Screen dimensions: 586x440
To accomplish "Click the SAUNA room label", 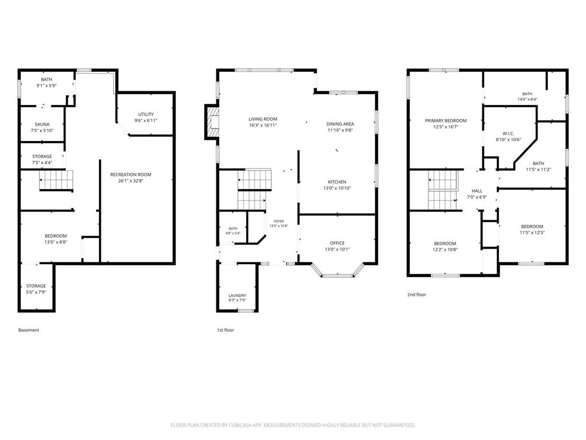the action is click(x=42, y=124).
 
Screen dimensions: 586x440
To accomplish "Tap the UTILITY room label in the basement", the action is click(x=146, y=114).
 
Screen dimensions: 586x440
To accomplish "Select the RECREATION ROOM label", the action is click(x=131, y=174).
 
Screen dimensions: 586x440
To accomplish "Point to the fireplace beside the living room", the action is click(x=212, y=123).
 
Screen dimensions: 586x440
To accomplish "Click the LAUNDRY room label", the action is click(x=237, y=295).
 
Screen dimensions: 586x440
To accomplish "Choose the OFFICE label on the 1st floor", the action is click(x=337, y=243).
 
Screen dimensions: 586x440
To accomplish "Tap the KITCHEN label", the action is click(x=337, y=182).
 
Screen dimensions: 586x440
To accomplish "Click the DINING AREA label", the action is click(x=340, y=124).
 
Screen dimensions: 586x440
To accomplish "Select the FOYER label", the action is click(x=279, y=221).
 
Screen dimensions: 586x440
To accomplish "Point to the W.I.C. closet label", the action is click(x=508, y=133).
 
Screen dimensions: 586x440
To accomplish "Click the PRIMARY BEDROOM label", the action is click(x=445, y=120).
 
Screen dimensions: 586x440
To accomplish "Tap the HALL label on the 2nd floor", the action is click(x=477, y=191).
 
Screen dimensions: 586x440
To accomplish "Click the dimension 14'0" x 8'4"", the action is click(x=527, y=100).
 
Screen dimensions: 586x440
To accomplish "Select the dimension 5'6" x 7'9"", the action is click(x=36, y=292).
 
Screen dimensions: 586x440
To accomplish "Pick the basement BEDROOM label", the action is click(x=56, y=235).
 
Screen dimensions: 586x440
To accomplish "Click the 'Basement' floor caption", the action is click(x=29, y=330).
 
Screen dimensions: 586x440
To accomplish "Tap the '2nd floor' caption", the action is click(x=417, y=294).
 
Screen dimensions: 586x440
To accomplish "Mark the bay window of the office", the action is click(x=338, y=271).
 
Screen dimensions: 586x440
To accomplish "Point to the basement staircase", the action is click(x=56, y=180).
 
